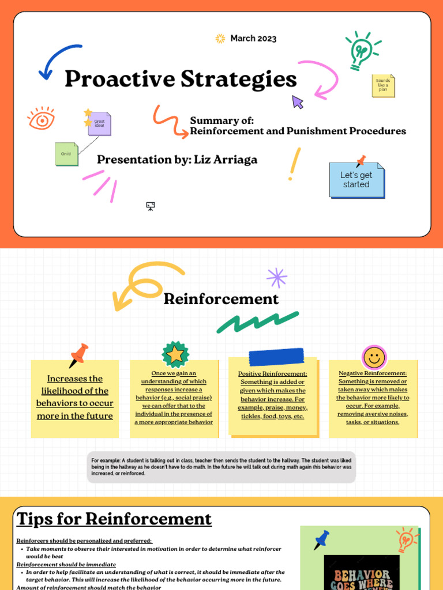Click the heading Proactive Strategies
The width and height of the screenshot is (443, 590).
[x=181, y=79]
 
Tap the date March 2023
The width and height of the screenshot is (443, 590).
[x=253, y=39]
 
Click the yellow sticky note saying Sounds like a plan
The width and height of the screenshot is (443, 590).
[x=383, y=85]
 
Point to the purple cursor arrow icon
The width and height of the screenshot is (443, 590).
[x=297, y=102]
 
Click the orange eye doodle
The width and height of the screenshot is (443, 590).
[x=42, y=119]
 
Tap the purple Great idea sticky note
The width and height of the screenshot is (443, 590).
[x=99, y=123]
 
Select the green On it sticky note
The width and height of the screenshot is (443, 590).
[x=66, y=154]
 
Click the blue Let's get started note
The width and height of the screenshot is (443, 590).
[x=356, y=180]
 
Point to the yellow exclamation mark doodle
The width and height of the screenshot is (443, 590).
[x=295, y=164]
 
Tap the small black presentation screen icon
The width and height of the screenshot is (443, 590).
[x=151, y=206]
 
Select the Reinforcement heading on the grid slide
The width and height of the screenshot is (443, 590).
[x=221, y=299]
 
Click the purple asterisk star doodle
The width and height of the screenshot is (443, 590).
[x=277, y=278]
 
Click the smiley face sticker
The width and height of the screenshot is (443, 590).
[x=374, y=358]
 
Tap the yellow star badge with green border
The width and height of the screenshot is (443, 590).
[x=175, y=354]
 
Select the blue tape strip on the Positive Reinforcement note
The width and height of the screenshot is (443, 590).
[x=276, y=357]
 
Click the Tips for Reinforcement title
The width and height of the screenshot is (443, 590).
[x=114, y=519]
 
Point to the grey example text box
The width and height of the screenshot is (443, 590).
[x=221, y=467]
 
